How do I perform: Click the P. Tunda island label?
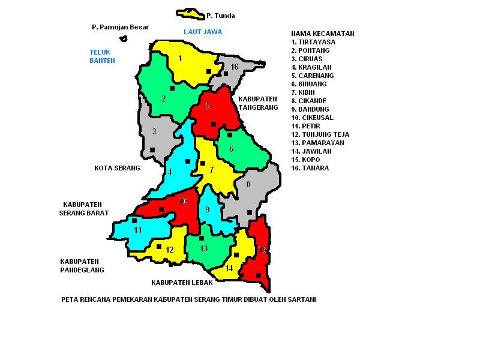[220, 16]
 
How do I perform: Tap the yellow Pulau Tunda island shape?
[190, 13]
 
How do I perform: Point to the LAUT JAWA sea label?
[203, 31]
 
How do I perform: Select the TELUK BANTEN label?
[102, 56]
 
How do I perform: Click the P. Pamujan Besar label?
[120, 27]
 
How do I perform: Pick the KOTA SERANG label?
[117, 168]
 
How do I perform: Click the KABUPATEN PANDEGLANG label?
[82, 266]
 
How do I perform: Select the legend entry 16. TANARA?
[310, 168]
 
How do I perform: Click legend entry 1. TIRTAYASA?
[313, 42]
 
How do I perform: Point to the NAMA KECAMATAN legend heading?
[322, 34]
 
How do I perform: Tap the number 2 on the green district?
[164, 98]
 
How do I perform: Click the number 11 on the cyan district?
[138, 230]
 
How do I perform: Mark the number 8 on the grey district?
[248, 184]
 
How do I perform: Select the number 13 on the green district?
[204, 248]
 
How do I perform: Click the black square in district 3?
[152, 150]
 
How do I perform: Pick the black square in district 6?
[229, 135]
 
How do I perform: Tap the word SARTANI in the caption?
[301, 299]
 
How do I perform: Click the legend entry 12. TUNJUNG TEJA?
[320, 134]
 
